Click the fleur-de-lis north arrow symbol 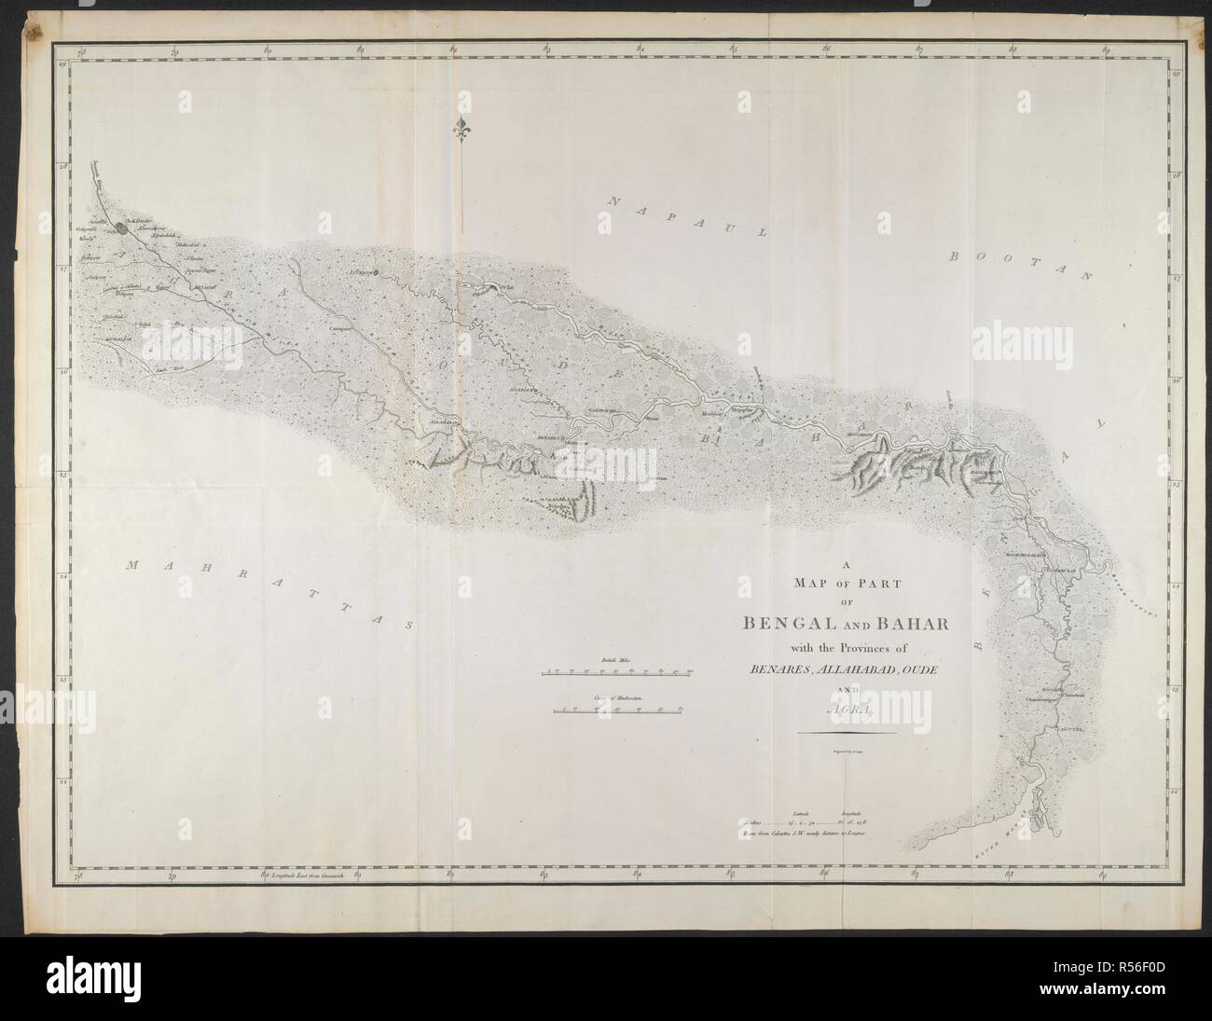point(460,131)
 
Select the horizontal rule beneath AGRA point(847,733)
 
